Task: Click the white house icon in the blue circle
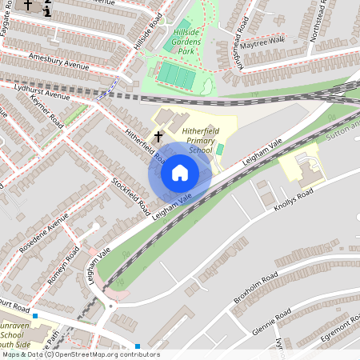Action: (179, 173)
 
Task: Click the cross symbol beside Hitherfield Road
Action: (158, 138)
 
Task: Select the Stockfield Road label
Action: (130, 194)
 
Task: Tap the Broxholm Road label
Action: (255, 288)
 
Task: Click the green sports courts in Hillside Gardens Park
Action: (175, 76)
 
